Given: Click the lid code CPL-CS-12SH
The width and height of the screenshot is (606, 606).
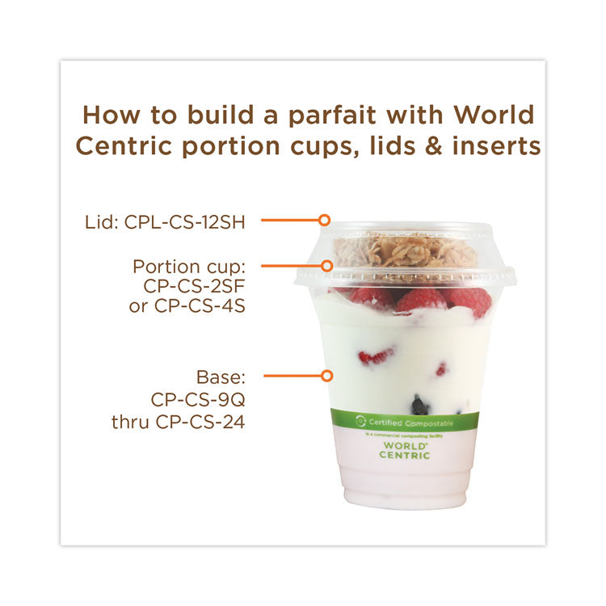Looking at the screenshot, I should [185, 221].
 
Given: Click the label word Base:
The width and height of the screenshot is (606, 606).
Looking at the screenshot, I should [221, 377].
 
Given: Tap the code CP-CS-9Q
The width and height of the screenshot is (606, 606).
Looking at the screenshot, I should [198, 398].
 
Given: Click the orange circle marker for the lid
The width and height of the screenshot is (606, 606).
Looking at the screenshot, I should [324, 220].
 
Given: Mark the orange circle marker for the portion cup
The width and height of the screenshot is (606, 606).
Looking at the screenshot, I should [327, 265].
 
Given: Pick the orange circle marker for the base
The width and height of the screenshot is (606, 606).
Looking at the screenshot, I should [326, 376].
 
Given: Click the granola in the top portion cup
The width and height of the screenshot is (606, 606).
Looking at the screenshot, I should [404, 250].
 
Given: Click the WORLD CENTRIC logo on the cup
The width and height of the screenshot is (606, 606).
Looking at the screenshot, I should [405, 450].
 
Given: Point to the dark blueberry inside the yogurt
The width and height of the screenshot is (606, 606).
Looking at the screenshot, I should [419, 402].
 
